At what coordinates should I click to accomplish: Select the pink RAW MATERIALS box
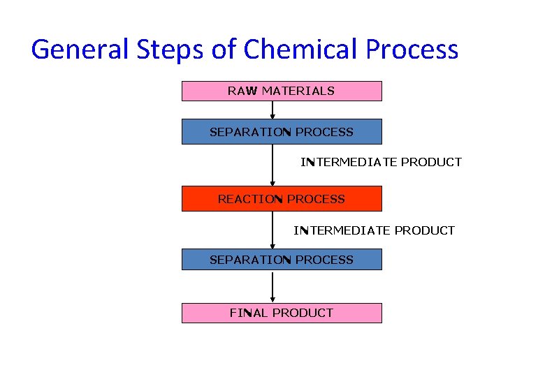[x=282, y=91]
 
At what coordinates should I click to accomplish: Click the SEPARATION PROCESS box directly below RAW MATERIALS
[x=282, y=132]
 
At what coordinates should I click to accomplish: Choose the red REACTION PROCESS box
[x=282, y=199]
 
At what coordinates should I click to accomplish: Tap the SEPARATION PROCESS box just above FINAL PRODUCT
[x=282, y=260]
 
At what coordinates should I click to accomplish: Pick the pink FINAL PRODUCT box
[x=282, y=313]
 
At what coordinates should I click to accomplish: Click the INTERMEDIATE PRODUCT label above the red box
[x=381, y=162]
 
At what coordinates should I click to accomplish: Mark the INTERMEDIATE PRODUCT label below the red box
[x=374, y=230]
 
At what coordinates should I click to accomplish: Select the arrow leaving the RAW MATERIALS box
[x=272, y=110]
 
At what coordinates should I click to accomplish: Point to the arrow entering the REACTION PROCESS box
[x=272, y=165]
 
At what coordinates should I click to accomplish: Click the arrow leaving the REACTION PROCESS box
[x=272, y=230]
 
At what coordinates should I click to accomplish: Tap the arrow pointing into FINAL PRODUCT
[x=272, y=287]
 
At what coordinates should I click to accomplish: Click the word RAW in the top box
[x=242, y=91]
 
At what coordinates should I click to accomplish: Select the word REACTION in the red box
[x=250, y=199]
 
